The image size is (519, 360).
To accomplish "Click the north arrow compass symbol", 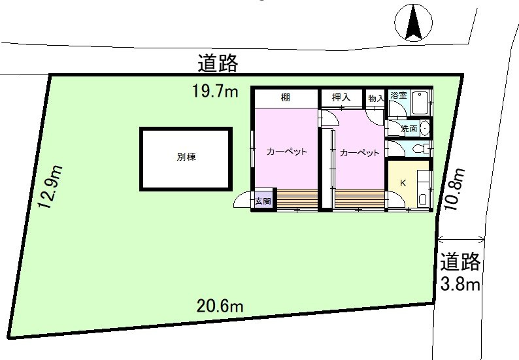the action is pyautogui.click(x=413, y=22).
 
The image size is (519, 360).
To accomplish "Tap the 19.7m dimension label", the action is pyautogui.click(x=215, y=91).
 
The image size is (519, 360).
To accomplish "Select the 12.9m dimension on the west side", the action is pyautogui.click(x=50, y=187).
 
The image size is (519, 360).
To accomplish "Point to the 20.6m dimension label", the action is pyautogui.click(x=220, y=306).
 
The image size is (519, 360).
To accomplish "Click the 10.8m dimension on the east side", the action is pyautogui.click(x=454, y=189).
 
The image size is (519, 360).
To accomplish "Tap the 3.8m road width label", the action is pyautogui.click(x=460, y=284).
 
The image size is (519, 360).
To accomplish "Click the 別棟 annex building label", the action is pyautogui.click(x=186, y=157).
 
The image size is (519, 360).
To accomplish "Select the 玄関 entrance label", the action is pyautogui.click(x=263, y=201).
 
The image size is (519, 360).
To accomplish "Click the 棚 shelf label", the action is pyautogui.click(x=285, y=97).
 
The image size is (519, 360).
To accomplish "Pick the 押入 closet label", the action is pyautogui.click(x=341, y=97).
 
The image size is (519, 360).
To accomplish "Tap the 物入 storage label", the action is pyautogui.click(x=377, y=98).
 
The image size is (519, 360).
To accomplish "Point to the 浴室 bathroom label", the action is pyautogui.click(x=399, y=95).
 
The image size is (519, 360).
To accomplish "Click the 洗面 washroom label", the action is pyautogui.click(x=409, y=128).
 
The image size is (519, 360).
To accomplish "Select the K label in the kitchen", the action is pyautogui.click(x=403, y=183).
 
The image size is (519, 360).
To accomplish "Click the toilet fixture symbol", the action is pyautogui.click(x=421, y=148).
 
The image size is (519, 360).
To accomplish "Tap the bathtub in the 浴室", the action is pyautogui.click(x=420, y=103).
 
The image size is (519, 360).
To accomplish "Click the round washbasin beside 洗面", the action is pyautogui.click(x=425, y=127).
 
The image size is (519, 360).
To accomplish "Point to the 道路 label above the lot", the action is pyautogui.click(x=218, y=63).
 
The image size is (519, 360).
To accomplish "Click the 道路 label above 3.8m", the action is pyautogui.click(x=460, y=261).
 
